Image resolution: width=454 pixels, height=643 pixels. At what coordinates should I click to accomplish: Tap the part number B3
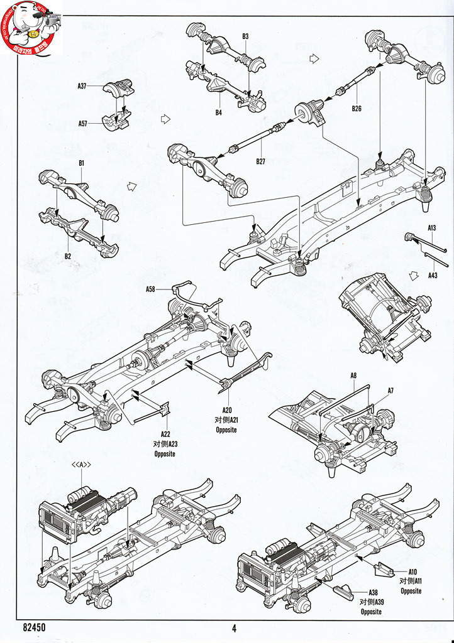pos(245,36)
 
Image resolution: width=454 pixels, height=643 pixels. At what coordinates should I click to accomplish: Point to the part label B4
pos(218,113)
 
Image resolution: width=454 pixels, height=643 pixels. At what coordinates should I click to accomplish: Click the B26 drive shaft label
pos(357,109)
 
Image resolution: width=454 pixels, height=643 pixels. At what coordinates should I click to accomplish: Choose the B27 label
pos(261,161)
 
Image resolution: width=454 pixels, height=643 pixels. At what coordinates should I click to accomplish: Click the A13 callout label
pos(432,228)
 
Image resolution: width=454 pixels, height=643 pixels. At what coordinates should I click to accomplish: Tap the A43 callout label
pos(433,275)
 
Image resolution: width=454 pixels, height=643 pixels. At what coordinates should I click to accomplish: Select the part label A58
pos(150,289)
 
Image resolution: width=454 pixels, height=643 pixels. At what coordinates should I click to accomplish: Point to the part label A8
pos(353,376)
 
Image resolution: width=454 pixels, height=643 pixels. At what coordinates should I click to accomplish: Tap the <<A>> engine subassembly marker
pos(82,465)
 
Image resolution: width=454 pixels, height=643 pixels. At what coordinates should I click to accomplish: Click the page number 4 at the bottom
pos(234,628)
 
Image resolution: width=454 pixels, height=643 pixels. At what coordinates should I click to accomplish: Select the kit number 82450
pos(34,627)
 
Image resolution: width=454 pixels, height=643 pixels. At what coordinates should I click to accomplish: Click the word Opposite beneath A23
pos(165,453)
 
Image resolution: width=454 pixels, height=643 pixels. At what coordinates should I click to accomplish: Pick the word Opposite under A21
pos(226,430)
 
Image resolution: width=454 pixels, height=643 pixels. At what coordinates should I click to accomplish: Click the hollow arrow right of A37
pos(166,118)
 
